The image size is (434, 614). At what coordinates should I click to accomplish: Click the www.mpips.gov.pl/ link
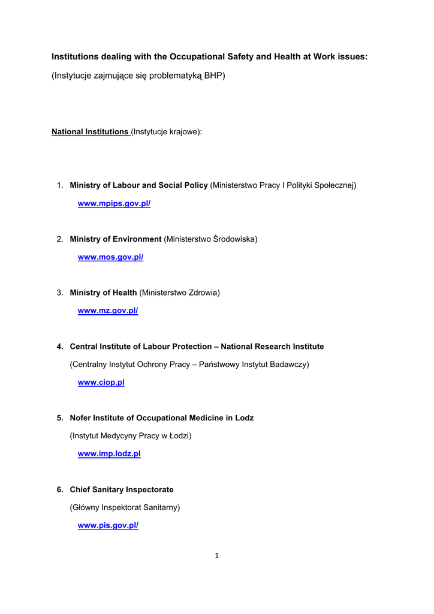click(114, 204)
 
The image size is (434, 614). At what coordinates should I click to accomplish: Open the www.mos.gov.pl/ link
click(110, 257)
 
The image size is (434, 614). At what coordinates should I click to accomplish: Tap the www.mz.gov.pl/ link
click(108, 311)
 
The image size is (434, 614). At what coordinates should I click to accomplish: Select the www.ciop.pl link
click(101, 383)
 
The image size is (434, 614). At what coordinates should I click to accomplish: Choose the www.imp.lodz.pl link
click(109, 454)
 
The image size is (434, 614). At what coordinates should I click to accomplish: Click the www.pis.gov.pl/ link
click(108, 526)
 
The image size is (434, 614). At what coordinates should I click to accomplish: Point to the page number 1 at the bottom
click(217, 556)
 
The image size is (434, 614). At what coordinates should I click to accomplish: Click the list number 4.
click(60, 347)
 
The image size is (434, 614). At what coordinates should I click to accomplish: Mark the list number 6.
click(60, 490)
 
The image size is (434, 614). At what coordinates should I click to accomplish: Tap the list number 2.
click(60, 239)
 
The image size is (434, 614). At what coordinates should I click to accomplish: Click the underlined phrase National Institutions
click(90, 132)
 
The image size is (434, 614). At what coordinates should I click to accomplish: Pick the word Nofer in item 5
click(82, 418)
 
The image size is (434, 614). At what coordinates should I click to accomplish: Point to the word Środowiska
click(234, 239)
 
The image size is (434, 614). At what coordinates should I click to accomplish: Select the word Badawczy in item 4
click(288, 365)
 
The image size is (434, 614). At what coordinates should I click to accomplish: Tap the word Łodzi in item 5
click(177, 436)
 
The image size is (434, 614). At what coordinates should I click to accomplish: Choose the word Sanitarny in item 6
click(160, 508)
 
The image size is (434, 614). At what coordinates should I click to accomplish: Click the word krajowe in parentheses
click(184, 132)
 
